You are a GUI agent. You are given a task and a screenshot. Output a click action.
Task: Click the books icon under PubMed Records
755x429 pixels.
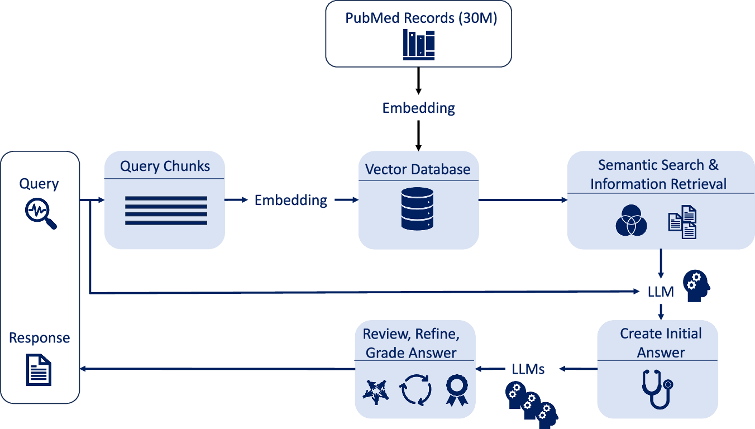(x=419, y=45)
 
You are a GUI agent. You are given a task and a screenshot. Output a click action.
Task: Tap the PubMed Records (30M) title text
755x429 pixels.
(x=421, y=18)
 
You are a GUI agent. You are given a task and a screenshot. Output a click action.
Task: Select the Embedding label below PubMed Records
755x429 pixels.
(x=418, y=108)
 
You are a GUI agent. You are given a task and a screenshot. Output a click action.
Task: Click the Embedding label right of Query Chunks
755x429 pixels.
(x=291, y=200)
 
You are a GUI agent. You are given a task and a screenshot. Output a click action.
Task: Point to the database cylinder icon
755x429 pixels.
(x=417, y=208)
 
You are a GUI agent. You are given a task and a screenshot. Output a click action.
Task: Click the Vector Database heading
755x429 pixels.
(x=418, y=169)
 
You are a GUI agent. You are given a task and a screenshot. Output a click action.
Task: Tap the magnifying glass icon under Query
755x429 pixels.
(x=40, y=215)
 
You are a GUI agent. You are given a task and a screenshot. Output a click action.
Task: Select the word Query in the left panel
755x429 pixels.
(x=39, y=184)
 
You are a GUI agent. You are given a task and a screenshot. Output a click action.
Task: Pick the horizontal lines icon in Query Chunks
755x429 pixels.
(x=166, y=211)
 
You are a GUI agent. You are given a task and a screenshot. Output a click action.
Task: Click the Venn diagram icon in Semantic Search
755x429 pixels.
(x=631, y=222)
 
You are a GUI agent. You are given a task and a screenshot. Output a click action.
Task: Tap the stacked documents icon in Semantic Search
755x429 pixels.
(x=682, y=222)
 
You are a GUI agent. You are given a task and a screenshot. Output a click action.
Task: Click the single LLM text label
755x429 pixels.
(x=661, y=292)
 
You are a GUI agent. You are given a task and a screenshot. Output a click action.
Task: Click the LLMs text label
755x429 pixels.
(x=528, y=369)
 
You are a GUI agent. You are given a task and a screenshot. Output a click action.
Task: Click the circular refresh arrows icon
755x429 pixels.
(x=416, y=389)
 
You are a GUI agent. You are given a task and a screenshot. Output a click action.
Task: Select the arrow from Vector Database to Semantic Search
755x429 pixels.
(x=523, y=199)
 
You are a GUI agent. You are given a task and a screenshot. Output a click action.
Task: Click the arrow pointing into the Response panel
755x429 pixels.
(x=218, y=368)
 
